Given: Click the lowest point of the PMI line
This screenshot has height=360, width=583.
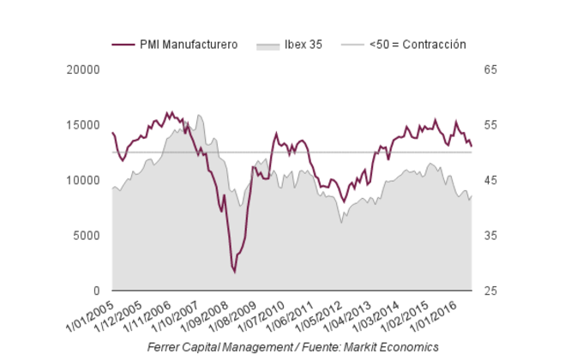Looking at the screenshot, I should point(234,272).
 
